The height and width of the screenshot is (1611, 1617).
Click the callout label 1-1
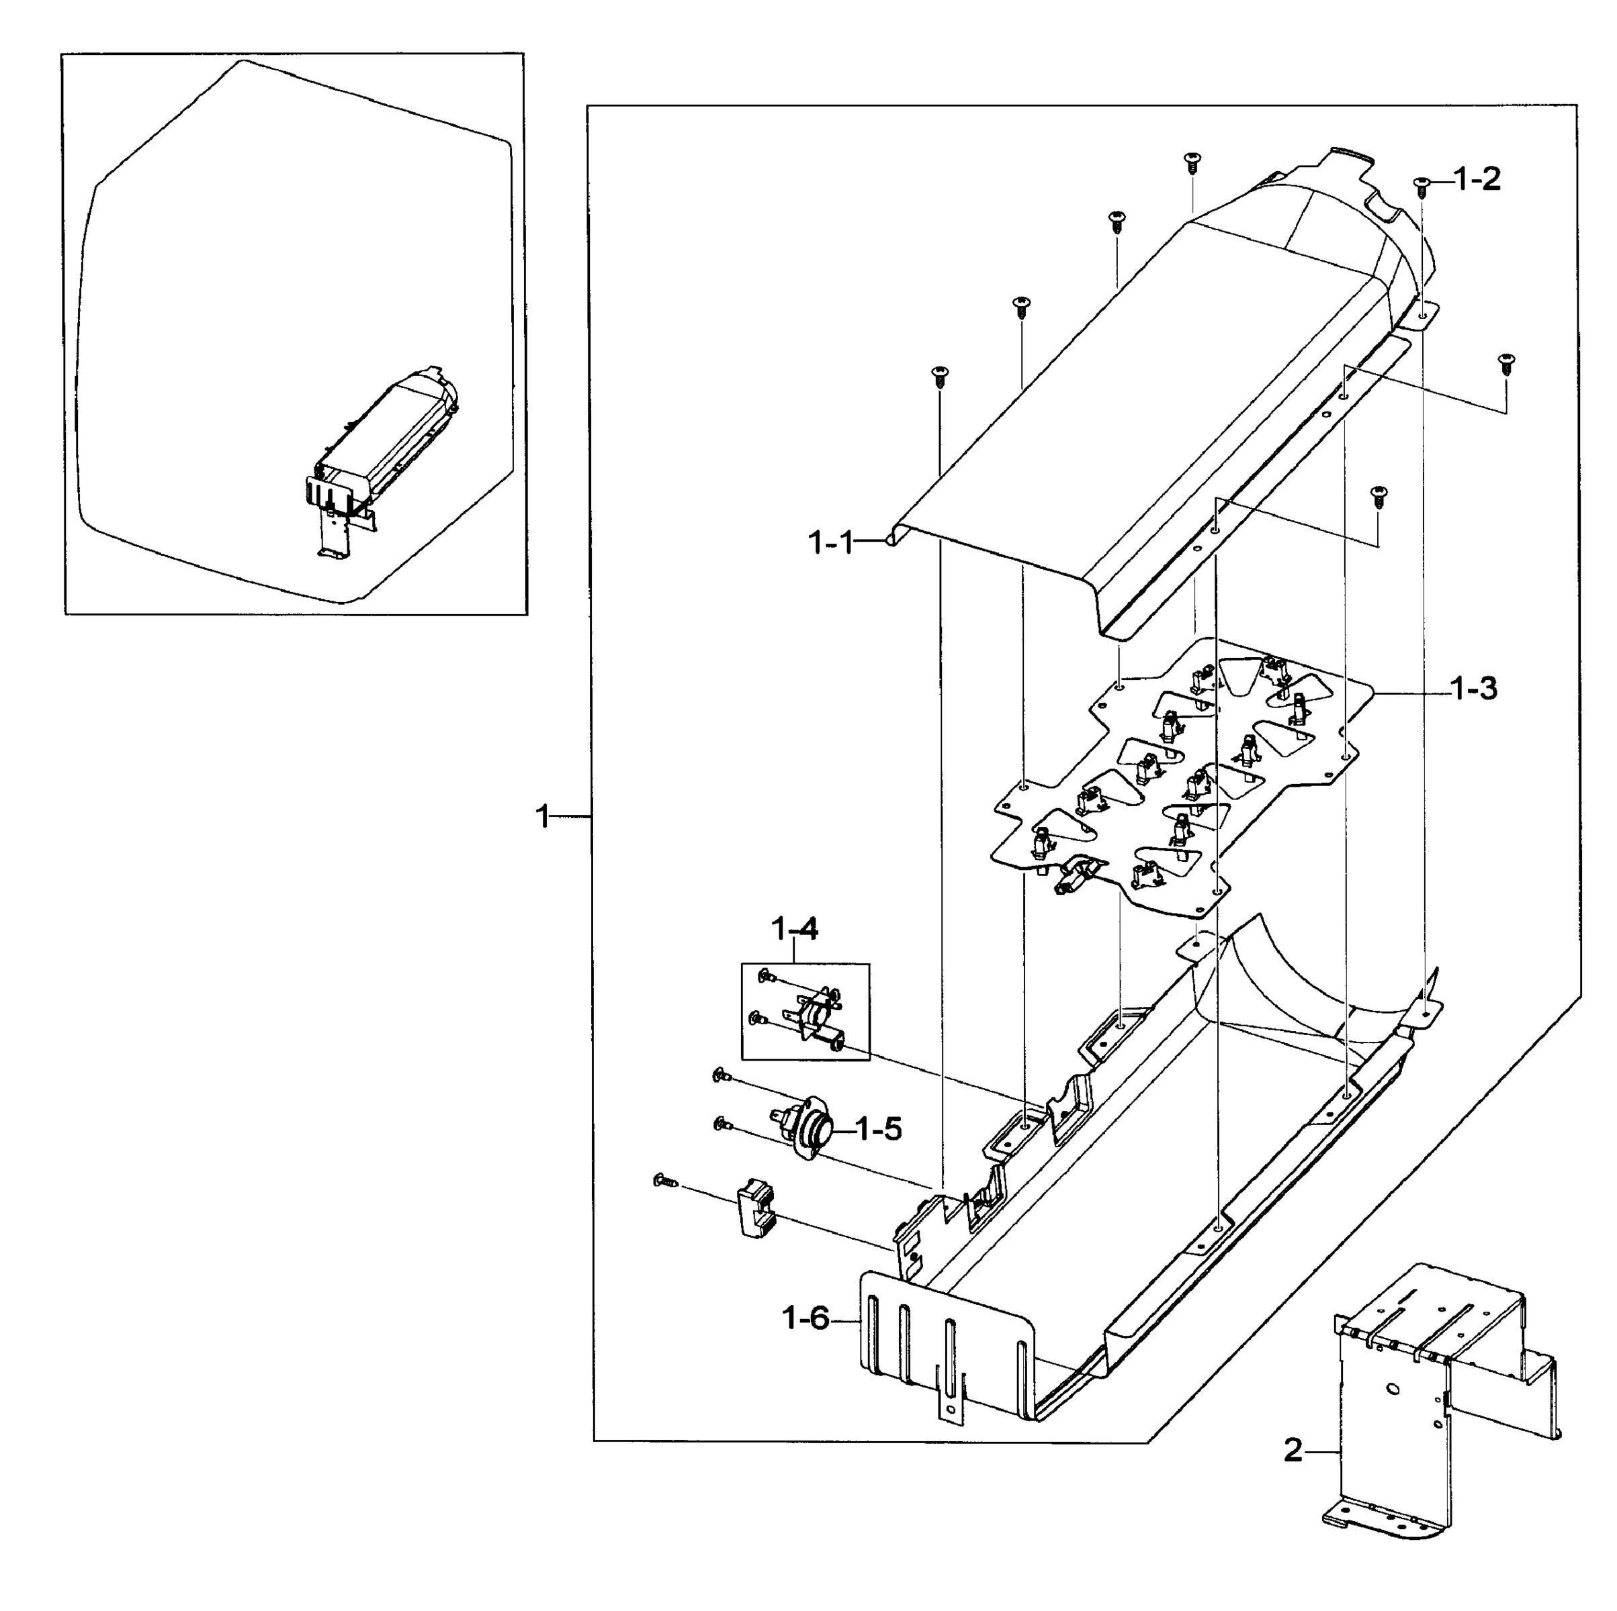(x=830, y=544)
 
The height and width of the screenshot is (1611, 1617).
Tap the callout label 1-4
(x=794, y=928)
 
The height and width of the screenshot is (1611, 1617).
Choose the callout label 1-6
(x=805, y=1319)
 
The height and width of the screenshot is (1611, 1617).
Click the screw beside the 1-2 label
(x=1421, y=187)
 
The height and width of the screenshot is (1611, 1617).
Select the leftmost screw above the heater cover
(x=940, y=376)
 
